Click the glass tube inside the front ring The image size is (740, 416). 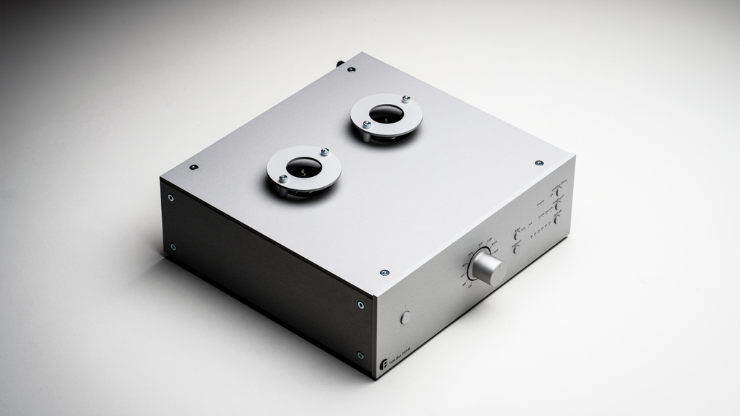(304, 168)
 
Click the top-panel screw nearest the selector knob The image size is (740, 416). (384, 273)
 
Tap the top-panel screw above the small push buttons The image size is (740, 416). (539, 163)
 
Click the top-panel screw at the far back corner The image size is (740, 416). (351, 69)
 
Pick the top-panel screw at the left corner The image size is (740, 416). (194, 167)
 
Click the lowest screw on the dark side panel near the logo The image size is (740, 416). (360, 355)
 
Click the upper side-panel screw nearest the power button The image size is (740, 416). (361, 305)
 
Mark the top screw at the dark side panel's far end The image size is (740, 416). (171, 197)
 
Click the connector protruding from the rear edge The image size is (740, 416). (338, 64)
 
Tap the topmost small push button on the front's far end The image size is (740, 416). (559, 193)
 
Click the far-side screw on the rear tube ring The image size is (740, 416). (405, 99)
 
